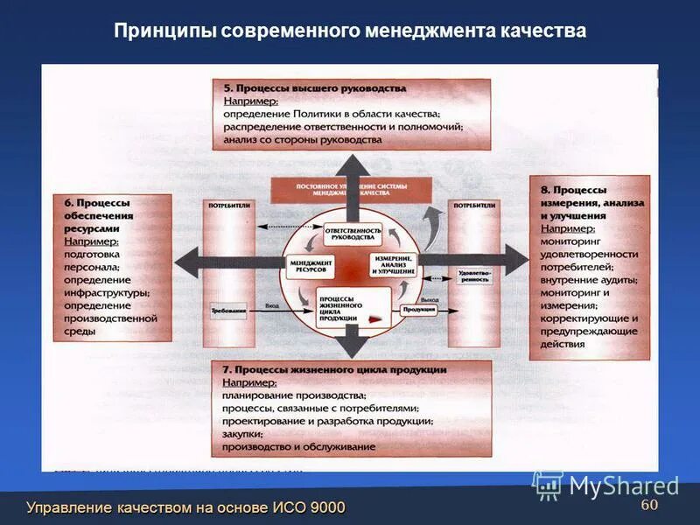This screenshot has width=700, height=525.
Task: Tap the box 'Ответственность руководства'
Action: point(353,234)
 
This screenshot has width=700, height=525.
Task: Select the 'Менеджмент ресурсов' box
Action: point(311,266)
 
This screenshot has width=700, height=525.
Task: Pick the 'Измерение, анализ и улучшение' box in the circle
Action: point(395,265)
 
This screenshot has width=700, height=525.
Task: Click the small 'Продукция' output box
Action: point(417,310)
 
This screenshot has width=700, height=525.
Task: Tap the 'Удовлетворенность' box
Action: point(474,275)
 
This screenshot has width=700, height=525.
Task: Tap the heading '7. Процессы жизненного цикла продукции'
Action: point(334,369)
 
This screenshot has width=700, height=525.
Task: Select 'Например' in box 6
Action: point(91,241)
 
